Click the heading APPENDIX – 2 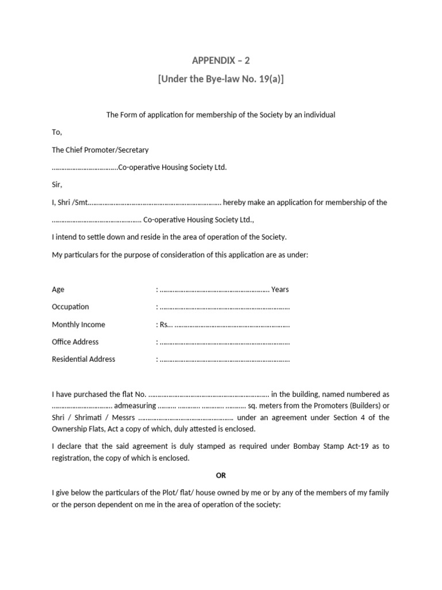click(x=221, y=60)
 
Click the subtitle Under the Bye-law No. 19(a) click(x=221, y=79)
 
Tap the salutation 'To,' click(x=56, y=132)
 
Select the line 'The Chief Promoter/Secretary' click(x=100, y=150)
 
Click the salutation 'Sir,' click(x=56, y=185)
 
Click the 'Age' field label click(x=58, y=289)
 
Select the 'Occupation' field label click(x=70, y=307)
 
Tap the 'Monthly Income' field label click(x=78, y=324)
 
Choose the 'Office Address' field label click(x=75, y=342)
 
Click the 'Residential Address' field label click(x=83, y=359)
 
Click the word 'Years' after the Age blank click(x=280, y=289)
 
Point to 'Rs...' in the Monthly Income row click(x=166, y=324)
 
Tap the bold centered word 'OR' click(x=221, y=475)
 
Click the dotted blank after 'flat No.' click(x=208, y=395)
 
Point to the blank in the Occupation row click(x=224, y=307)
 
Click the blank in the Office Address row click(x=224, y=342)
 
